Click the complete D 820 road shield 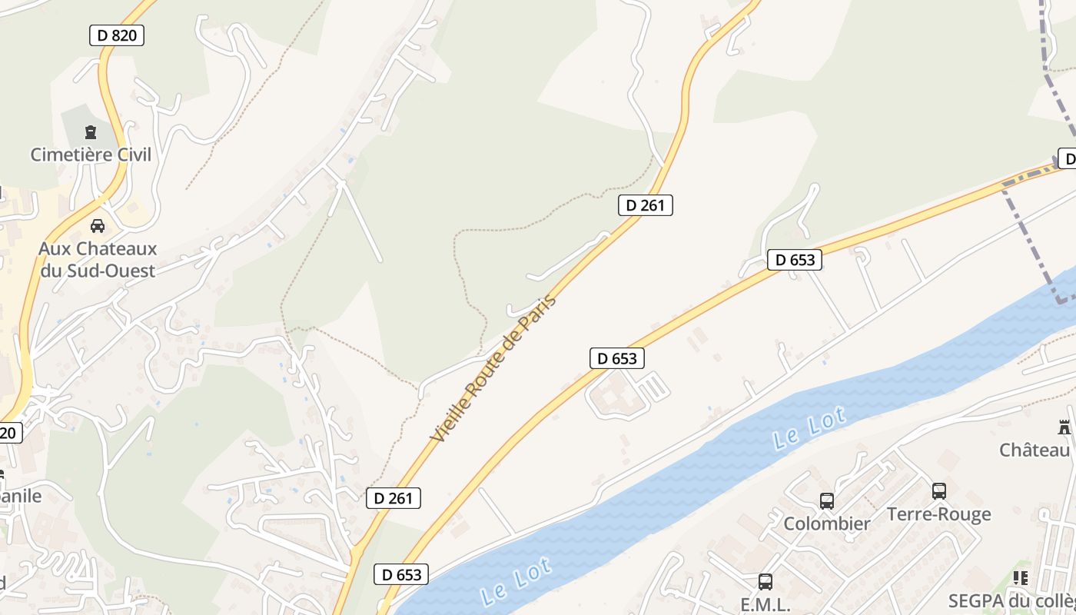click(x=117, y=35)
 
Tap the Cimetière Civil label click(x=91, y=155)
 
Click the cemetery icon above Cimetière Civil click(x=91, y=132)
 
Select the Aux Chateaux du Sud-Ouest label click(x=98, y=260)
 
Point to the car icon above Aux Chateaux click(x=98, y=226)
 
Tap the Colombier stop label click(x=827, y=524)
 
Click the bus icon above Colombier click(x=827, y=501)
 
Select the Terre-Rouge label click(x=939, y=514)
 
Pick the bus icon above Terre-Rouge click(x=939, y=491)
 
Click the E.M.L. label click(x=765, y=605)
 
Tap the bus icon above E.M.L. click(x=765, y=582)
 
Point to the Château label click(x=1034, y=450)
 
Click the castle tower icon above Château click(x=1064, y=427)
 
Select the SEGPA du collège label click(x=1011, y=600)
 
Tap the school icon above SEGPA click(x=1021, y=578)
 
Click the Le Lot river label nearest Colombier click(x=809, y=428)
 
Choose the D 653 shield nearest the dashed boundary click(x=795, y=260)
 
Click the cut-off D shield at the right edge click(x=1067, y=159)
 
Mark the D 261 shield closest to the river click(x=394, y=498)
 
